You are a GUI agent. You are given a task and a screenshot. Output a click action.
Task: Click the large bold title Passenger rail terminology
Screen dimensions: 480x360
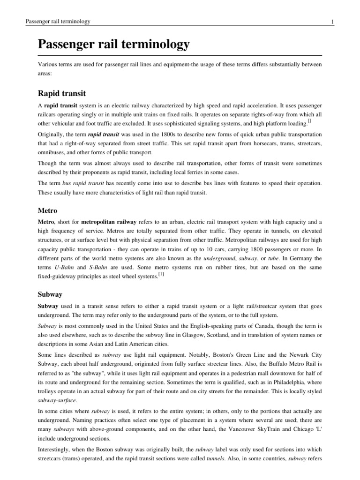[x=113, y=45]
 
